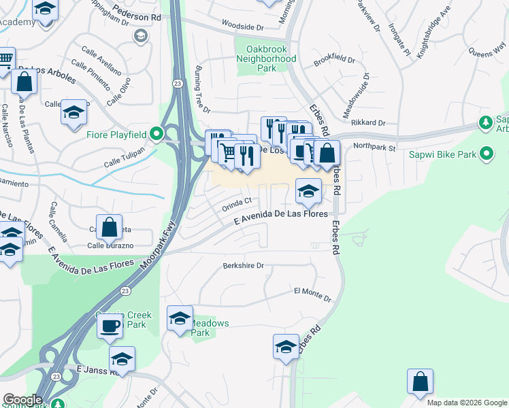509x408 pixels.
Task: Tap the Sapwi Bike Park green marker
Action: coord(487,154)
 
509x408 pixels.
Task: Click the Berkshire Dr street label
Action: coord(243,266)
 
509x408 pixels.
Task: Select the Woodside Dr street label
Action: coord(243,27)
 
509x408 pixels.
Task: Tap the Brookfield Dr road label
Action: coord(335,61)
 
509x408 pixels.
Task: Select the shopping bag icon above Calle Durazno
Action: coord(108,227)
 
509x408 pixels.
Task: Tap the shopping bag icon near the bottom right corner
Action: coord(420,381)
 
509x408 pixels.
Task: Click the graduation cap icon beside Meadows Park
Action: coord(180,318)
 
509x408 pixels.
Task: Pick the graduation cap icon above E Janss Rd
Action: coord(122,358)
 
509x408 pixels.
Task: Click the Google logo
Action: coord(22,400)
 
